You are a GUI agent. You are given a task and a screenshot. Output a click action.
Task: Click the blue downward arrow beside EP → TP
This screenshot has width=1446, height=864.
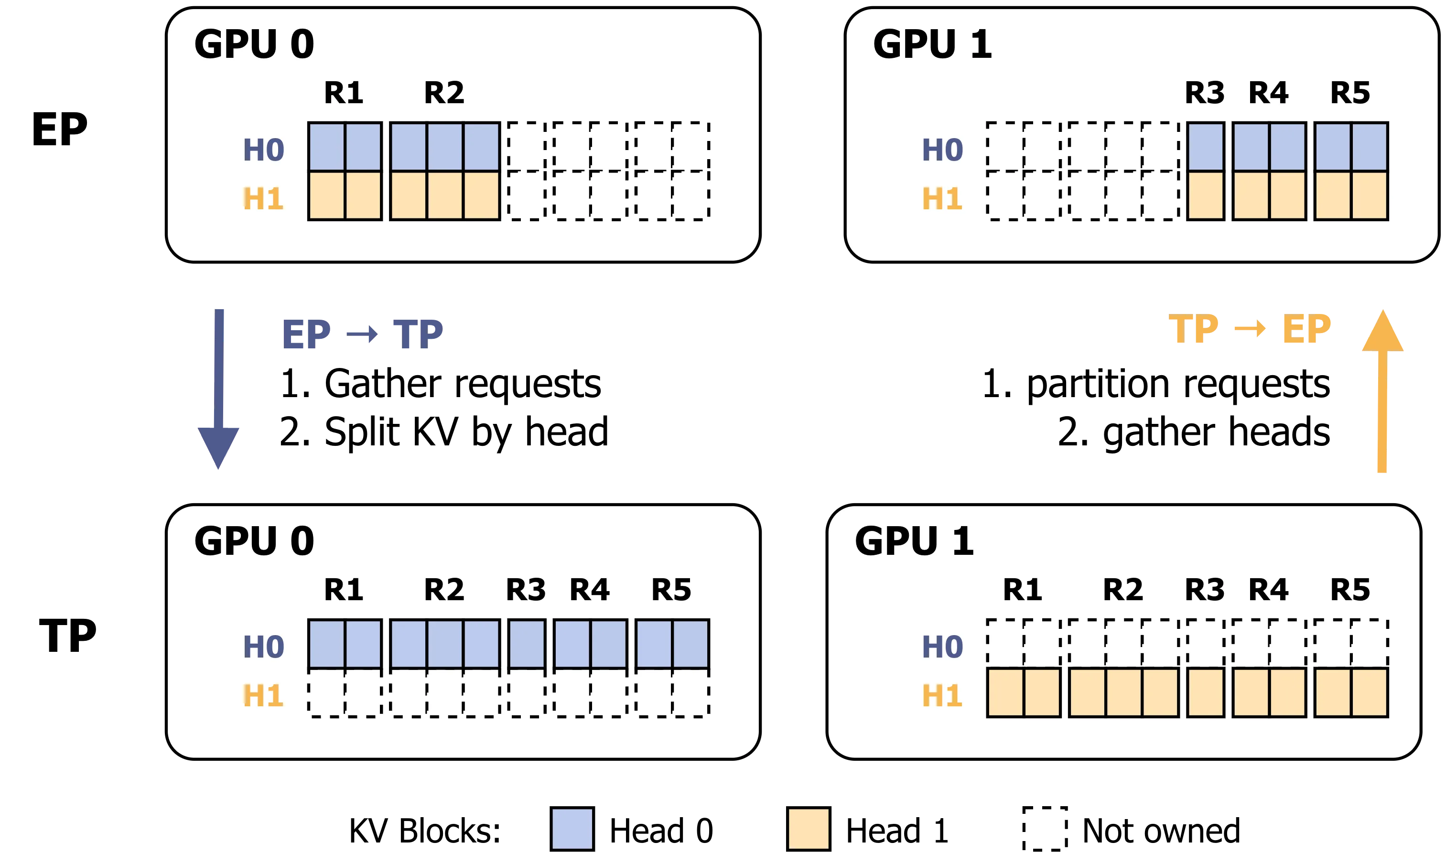click(219, 389)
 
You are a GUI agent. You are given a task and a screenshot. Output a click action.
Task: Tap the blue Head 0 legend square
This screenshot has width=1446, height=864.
click(572, 829)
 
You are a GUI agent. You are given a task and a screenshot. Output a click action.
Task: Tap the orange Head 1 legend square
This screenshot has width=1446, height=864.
click(809, 829)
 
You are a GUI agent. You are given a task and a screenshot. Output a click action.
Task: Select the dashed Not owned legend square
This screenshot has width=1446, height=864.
click(1045, 829)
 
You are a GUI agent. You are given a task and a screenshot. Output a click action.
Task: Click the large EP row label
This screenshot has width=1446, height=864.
click(59, 129)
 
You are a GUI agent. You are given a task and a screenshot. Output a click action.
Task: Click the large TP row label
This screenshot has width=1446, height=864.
click(67, 636)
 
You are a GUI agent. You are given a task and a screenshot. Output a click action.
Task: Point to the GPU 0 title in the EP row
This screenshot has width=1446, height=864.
click(254, 44)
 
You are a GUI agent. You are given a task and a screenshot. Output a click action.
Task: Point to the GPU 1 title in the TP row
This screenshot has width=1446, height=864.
click(915, 541)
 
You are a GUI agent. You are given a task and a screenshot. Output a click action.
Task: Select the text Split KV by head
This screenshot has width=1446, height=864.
click(466, 432)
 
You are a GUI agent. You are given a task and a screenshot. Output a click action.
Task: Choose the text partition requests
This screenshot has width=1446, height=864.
click(1178, 385)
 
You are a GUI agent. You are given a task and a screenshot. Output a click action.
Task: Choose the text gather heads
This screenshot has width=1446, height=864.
click(1217, 432)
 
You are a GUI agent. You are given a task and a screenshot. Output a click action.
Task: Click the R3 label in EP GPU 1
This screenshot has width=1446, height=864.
click(1204, 93)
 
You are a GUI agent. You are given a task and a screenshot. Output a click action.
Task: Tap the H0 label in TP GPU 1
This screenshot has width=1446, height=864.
click(942, 647)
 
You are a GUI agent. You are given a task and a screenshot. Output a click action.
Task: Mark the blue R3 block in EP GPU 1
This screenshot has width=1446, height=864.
click(1206, 147)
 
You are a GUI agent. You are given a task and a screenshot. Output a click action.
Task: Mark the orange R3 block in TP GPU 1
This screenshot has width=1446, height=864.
click(1206, 692)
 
